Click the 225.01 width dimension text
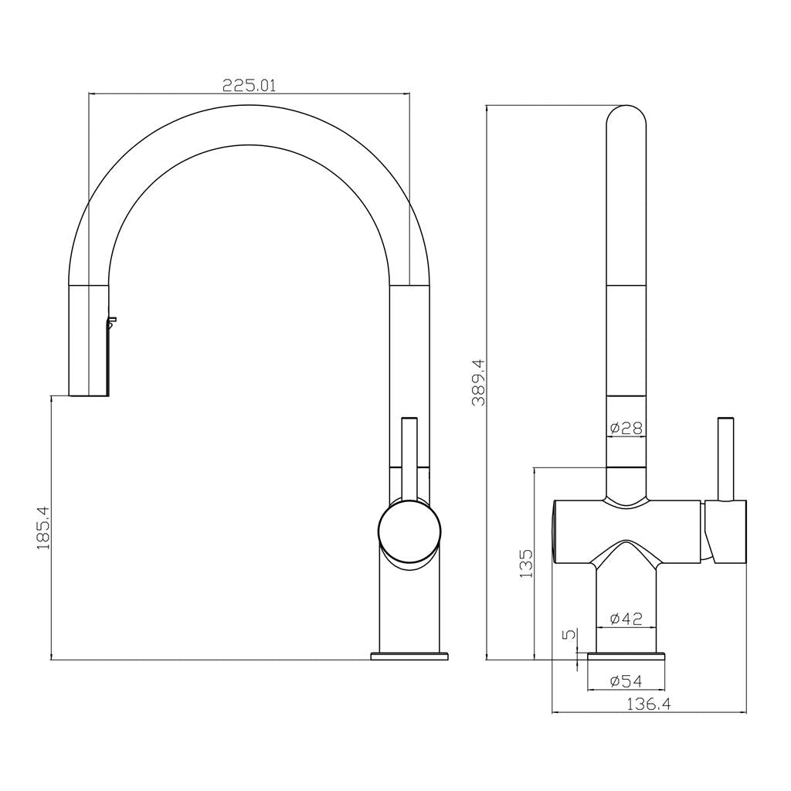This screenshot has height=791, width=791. click(249, 85)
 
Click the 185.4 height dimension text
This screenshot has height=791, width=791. click(43, 528)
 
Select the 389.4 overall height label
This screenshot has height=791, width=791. click(478, 382)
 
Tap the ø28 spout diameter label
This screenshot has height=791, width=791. click(626, 428)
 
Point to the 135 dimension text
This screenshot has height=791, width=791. click(526, 564)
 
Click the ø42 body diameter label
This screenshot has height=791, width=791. click(626, 618)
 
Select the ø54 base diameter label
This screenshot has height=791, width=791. click(626, 681)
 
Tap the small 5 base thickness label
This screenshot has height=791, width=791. click(570, 635)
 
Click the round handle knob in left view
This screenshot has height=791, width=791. click(409, 531)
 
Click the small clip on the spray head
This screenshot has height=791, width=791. click(112, 321)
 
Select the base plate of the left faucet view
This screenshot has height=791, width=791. click(409, 656)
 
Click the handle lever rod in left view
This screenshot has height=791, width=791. click(409, 456)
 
